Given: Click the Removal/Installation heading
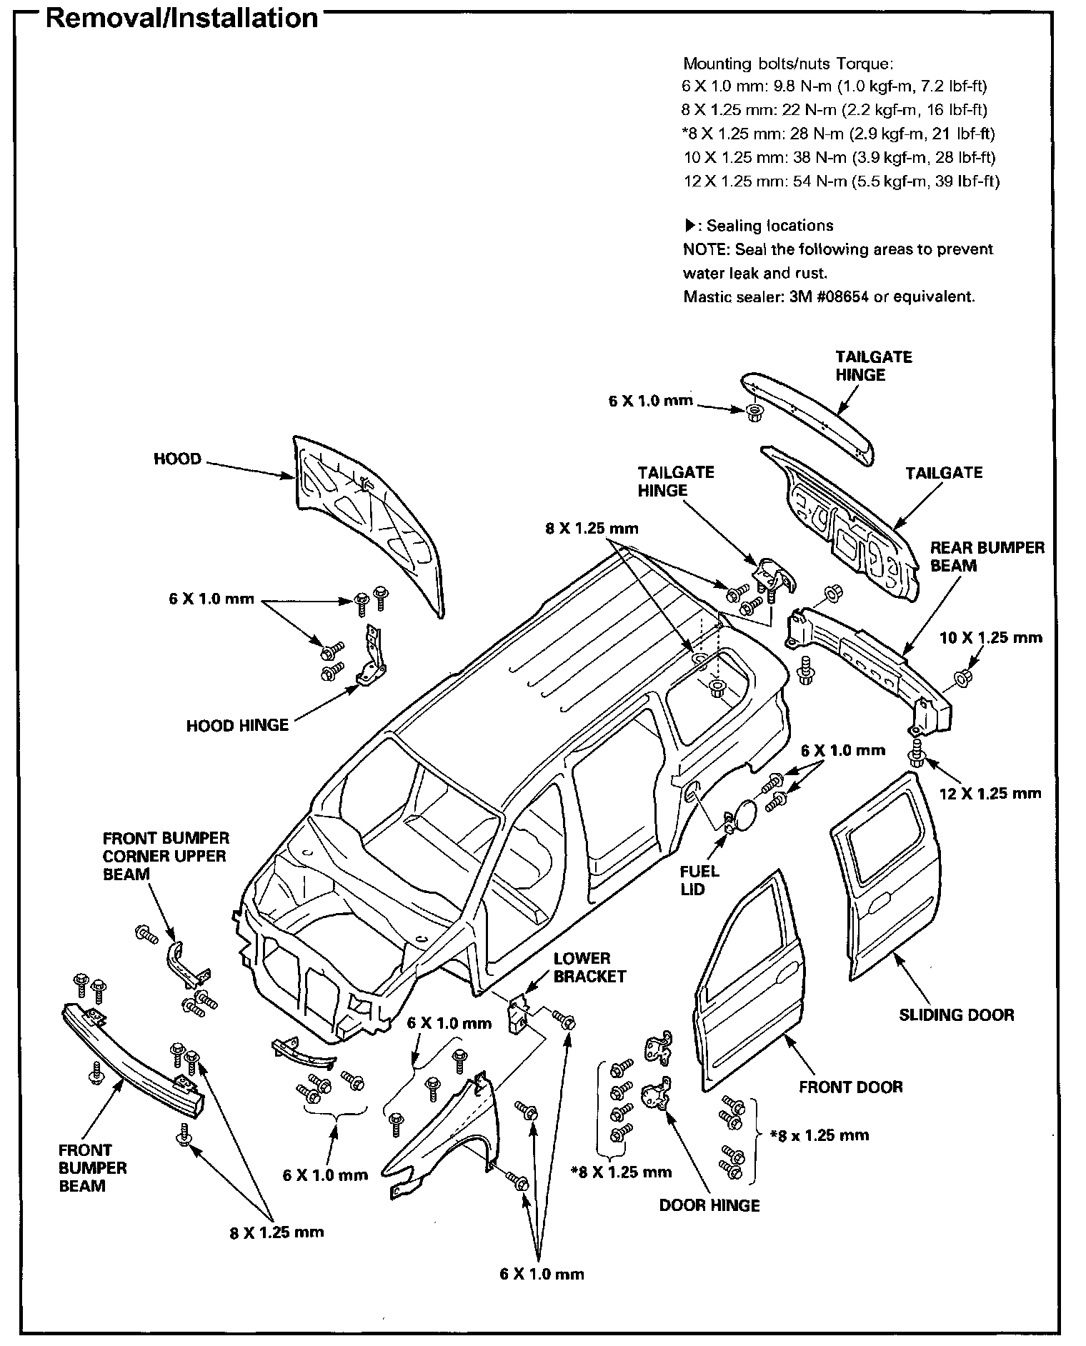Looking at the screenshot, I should pyautogui.click(x=181, y=17).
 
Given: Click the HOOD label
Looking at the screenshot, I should pyautogui.click(x=177, y=459).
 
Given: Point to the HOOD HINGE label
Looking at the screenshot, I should pyautogui.click(x=237, y=725).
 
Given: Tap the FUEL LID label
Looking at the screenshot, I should pyautogui.click(x=699, y=880).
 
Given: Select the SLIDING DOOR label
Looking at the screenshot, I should pyautogui.click(x=956, y=1015).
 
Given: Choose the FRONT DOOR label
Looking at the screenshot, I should pyautogui.click(x=850, y=1087).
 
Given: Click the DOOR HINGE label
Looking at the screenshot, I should pyautogui.click(x=709, y=1205).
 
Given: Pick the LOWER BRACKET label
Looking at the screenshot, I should pyautogui.click(x=589, y=967).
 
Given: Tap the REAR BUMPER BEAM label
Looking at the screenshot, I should pyautogui.click(x=987, y=557).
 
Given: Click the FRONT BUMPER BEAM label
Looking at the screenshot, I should pyautogui.click(x=92, y=1168).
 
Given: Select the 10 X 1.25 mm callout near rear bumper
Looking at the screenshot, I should pyautogui.click(x=990, y=637).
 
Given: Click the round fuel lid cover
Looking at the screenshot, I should pyautogui.click(x=747, y=814).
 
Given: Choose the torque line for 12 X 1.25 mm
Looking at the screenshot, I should pyautogui.click(x=841, y=181).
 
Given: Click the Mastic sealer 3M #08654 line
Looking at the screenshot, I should pyautogui.click(x=829, y=296).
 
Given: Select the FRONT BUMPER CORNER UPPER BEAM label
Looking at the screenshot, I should pyautogui.click(x=165, y=855).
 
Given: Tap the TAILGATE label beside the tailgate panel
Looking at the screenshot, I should pyautogui.click(x=943, y=473).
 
